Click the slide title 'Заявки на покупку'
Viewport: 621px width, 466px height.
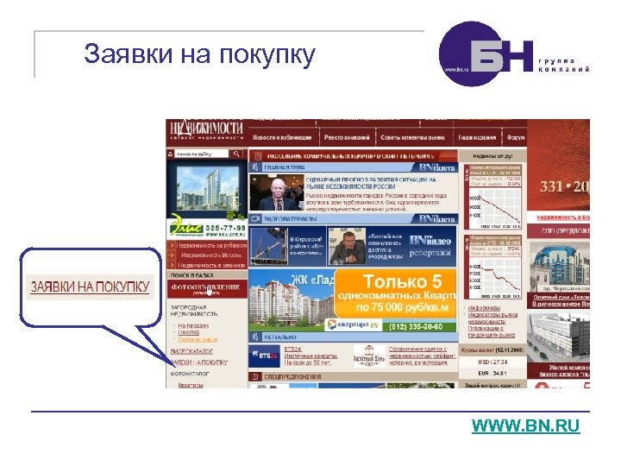pos(199,55)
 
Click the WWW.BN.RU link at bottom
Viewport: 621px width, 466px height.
pos(525,427)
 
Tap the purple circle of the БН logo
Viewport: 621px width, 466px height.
pos(470,54)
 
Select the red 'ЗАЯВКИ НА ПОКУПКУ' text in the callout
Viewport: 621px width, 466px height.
pos(91,287)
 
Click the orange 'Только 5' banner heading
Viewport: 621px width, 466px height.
pos(402,282)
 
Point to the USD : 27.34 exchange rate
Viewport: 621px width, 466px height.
pos(497,363)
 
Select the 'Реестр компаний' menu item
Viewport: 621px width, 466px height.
pos(346,137)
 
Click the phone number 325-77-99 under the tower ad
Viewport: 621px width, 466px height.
pos(226,228)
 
